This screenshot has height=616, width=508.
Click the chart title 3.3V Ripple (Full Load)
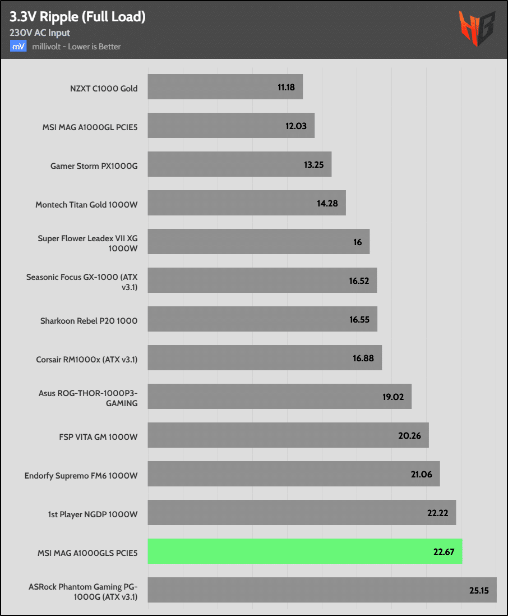pos(77,17)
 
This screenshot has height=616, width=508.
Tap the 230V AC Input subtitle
pos(40,33)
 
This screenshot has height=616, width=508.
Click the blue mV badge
pos(18,47)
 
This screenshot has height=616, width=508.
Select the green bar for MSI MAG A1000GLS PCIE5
pos(304,551)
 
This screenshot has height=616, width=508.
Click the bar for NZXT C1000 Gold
pos(225,87)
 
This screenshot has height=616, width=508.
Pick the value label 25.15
pos(480,590)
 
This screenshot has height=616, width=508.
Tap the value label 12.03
pos(296,126)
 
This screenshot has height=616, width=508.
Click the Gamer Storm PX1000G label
pos(94,166)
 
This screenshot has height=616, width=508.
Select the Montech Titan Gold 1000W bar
pos(246,203)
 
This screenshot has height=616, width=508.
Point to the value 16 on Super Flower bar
pos(358,242)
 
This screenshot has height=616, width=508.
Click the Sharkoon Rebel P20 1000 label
pos(89,321)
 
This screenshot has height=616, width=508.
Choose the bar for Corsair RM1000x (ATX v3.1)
pos(264,358)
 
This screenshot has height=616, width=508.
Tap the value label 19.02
pos(393,397)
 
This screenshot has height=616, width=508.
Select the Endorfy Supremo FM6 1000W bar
pos(293,474)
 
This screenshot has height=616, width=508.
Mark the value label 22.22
pos(437,513)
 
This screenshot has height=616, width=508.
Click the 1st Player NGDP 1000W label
pos(93,514)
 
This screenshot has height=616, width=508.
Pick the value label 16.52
pos(359,281)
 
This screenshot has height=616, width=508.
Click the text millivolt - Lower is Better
pos(77,47)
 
